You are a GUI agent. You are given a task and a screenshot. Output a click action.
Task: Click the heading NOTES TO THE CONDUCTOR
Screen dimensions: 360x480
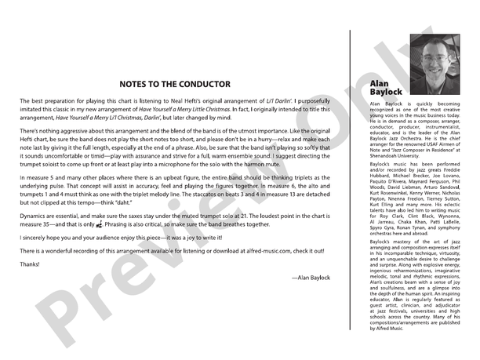point(175,84)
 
